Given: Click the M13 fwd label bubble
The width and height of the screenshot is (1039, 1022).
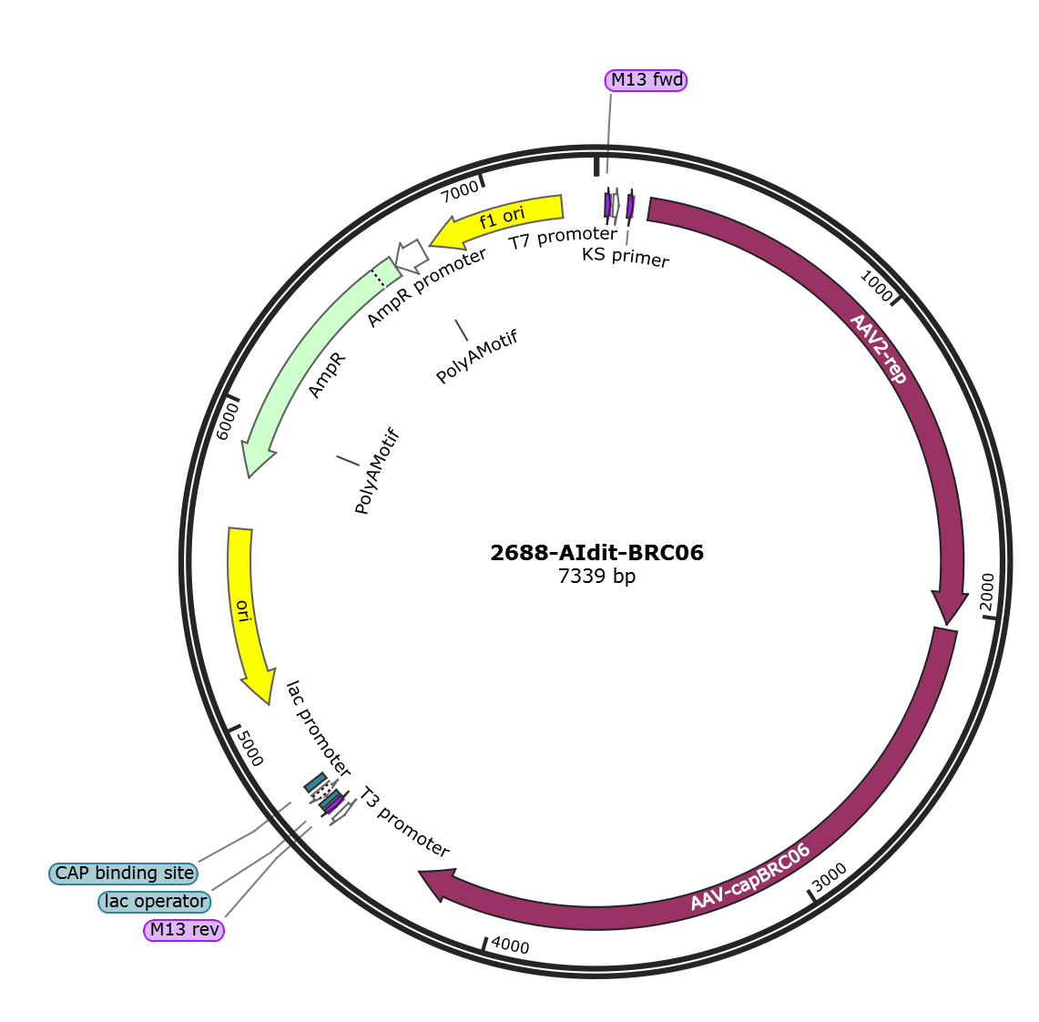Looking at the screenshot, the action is [x=646, y=80].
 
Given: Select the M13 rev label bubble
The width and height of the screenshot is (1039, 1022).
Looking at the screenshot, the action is [x=184, y=930].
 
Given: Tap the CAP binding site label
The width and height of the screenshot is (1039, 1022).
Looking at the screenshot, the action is [x=124, y=874].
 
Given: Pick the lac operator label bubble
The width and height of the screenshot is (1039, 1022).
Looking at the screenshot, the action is [x=155, y=902].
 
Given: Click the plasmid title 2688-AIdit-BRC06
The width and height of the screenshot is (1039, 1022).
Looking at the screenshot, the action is [x=597, y=553].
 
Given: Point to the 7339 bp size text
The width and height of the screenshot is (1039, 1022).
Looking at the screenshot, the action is [x=597, y=576].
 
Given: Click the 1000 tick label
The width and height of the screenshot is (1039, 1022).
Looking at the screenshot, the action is [x=876, y=286].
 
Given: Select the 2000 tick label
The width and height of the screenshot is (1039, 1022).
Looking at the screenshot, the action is [x=987, y=592].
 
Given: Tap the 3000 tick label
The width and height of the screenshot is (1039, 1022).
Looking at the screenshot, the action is [x=829, y=877].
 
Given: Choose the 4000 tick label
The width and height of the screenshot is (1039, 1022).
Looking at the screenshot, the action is [x=510, y=945].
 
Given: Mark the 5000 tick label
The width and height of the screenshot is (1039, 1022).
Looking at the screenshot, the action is [x=250, y=748].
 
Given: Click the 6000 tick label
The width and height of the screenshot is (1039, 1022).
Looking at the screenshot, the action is [x=227, y=422].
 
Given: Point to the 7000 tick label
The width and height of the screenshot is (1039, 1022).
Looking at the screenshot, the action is [x=460, y=191].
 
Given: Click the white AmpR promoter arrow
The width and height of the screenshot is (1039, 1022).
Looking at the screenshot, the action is [x=413, y=255].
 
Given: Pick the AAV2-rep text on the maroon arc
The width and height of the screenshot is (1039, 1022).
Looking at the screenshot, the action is [x=878, y=349].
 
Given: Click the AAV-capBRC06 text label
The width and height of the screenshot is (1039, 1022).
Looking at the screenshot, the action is [x=750, y=877].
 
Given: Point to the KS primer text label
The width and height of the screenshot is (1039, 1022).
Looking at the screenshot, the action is [x=626, y=257].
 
